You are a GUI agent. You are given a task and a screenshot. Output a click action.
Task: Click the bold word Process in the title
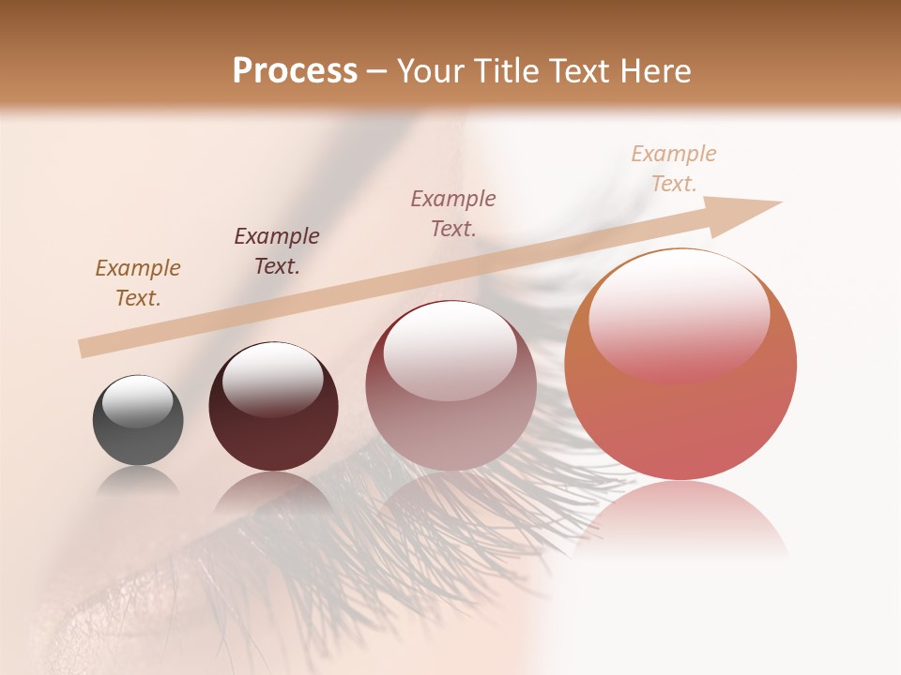click(295, 71)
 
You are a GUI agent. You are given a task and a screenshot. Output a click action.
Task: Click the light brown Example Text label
click(138, 283)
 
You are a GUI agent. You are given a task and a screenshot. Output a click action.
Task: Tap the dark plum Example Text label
click(277, 251)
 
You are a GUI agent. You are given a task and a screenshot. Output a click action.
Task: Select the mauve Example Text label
click(453, 214)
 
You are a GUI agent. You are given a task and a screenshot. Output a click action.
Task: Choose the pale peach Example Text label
click(674, 169)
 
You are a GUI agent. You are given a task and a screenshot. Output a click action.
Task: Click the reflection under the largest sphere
click(680, 516)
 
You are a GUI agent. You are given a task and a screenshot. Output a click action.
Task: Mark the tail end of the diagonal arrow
click(84, 349)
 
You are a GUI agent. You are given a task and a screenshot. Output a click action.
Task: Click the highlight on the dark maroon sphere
click(273, 379)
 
